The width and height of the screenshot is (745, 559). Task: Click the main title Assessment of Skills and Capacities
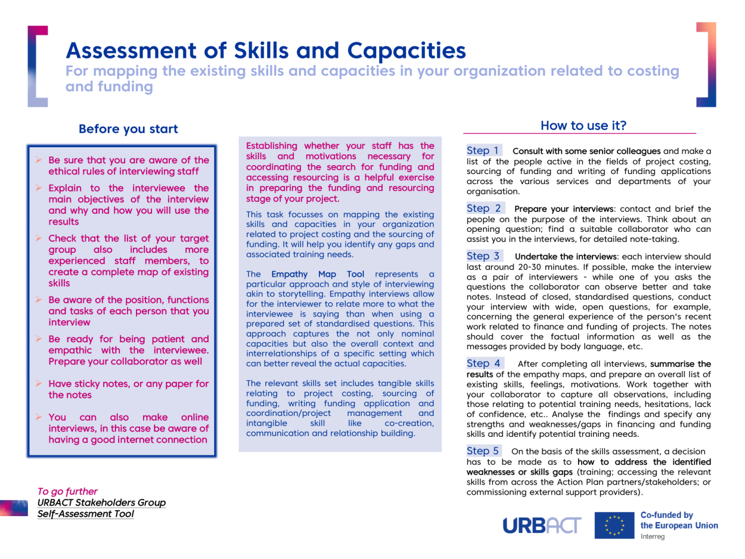[x=266, y=51]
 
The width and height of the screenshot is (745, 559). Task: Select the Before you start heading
[x=128, y=129]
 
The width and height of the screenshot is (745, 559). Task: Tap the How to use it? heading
[x=583, y=126]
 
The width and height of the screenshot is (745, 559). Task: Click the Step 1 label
[x=483, y=151]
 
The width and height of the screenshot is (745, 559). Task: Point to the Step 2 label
[x=483, y=209]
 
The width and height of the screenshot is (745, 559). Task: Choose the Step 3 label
[x=483, y=256]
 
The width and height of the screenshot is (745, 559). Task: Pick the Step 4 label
[x=483, y=363]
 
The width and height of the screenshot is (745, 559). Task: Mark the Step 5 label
[x=483, y=451]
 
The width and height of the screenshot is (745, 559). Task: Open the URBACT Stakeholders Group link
[x=101, y=502]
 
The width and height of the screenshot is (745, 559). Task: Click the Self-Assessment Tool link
[x=85, y=513]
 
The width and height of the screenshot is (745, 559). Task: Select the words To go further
[x=67, y=492]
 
